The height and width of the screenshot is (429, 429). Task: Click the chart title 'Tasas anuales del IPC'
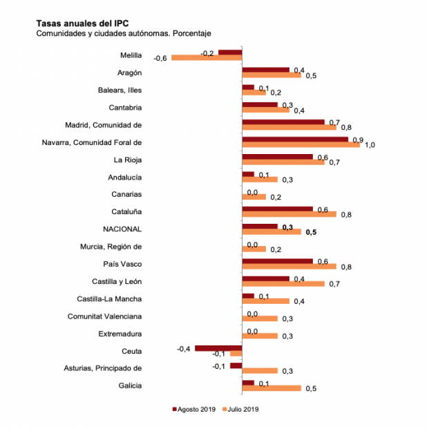tap(82, 22)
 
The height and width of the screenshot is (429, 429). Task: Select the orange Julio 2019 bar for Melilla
tap(207, 57)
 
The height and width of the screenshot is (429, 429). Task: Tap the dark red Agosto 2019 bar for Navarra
tap(295, 140)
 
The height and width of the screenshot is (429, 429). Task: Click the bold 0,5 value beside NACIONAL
tap(310, 233)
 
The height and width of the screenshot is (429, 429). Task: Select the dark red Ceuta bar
tap(218, 348)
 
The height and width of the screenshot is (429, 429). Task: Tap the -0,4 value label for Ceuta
tap(184, 348)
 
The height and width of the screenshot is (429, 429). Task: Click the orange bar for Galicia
tap(271, 388)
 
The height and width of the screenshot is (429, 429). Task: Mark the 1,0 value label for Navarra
tap(370, 145)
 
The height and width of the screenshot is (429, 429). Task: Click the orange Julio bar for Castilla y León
tap(283, 284)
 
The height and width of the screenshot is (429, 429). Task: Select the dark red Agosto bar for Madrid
tap(283, 122)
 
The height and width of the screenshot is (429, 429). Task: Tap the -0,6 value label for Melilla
tap(161, 58)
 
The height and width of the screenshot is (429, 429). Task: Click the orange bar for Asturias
tap(260, 371)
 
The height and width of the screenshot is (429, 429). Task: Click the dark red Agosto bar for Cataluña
tap(277, 209)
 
